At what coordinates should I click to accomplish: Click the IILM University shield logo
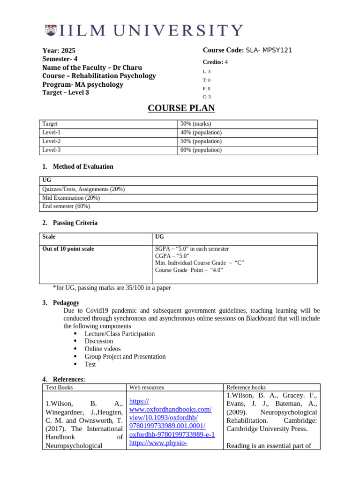pyautogui.click(x=51, y=31)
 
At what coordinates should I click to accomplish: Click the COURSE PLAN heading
pyautogui.click(x=181, y=108)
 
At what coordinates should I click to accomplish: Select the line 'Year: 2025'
pyautogui.click(x=59, y=51)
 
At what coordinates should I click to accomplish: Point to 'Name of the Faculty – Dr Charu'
pyautogui.click(x=92, y=67)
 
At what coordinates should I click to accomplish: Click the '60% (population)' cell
pyautogui.click(x=201, y=150)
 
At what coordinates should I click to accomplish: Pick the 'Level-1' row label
pyautogui.click(x=52, y=133)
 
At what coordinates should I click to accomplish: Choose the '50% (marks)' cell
pyautogui.click(x=196, y=124)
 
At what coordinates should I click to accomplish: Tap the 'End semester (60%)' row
pyautogui.click(x=66, y=206)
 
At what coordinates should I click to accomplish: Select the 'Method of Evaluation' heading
pyautogui.click(x=83, y=166)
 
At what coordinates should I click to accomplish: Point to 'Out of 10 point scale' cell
pyautogui.click(x=68, y=249)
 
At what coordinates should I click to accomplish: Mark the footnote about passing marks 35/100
pyautogui.click(x=112, y=288)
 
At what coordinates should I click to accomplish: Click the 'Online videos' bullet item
pyautogui.click(x=103, y=349)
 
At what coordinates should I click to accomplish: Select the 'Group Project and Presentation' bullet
pyautogui.click(x=125, y=357)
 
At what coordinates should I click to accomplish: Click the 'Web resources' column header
pyautogui.click(x=146, y=387)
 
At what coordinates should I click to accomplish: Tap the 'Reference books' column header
pyautogui.click(x=246, y=387)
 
